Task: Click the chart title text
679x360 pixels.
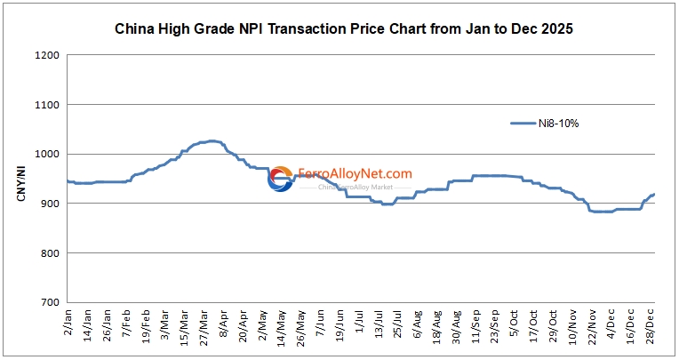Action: click(344, 28)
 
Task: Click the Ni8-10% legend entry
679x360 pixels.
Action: click(545, 124)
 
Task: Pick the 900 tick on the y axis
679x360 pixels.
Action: click(50, 204)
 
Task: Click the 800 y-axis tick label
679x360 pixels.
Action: click(50, 253)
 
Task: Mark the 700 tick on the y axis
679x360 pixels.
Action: click(50, 302)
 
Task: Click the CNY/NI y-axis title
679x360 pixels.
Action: click(21, 179)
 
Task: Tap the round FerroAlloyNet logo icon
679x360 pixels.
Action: click(281, 179)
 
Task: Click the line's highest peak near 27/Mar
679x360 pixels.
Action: click(211, 140)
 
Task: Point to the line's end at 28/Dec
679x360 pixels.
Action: click(655, 194)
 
